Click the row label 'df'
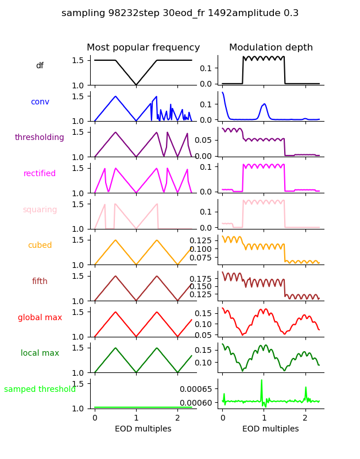(x=40, y=66)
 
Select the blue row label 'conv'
(x=40, y=102)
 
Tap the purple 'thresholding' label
(x=40, y=138)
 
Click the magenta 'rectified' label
(x=40, y=174)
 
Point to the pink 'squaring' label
(x=40, y=210)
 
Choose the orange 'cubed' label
(x=40, y=246)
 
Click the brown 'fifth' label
(x=40, y=282)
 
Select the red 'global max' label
(x=40, y=317)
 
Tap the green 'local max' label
(x=40, y=353)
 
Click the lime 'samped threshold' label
(x=40, y=390)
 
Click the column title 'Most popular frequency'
(x=144, y=48)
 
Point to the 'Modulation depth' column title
(x=271, y=48)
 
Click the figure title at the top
(x=180, y=13)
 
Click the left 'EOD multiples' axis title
(x=144, y=429)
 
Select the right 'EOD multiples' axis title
(x=271, y=429)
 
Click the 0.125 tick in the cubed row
(x=202, y=240)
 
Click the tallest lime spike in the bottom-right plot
(x=262, y=380)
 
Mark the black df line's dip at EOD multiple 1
(x=136, y=85)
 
